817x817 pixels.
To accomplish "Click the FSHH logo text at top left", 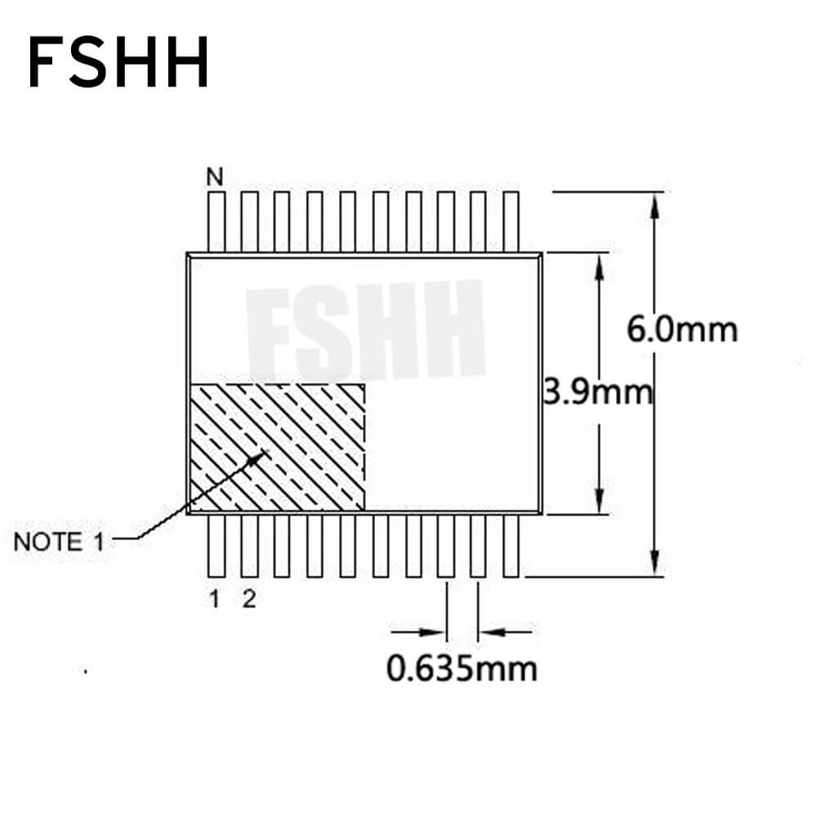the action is pyautogui.click(x=118, y=62).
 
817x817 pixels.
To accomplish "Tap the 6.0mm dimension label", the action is pyautogui.click(x=682, y=329).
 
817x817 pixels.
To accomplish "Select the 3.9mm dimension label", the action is pyautogui.click(x=598, y=392).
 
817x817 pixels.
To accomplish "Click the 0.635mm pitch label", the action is pyautogui.click(x=462, y=668).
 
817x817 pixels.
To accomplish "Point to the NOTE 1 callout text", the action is pyautogui.click(x=59, y=542).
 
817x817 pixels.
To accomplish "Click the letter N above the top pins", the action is pyautogui.click(x=215, y=177).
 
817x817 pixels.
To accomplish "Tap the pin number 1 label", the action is pyautogui.click(x=214, y=599).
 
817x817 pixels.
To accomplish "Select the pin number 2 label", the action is pyautogui.click(x=249, y=599).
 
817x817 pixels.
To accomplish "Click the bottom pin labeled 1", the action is pyautogui.click(x=217, y=546).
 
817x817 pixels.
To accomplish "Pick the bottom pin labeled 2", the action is pyautogui.click(x=249, y=546).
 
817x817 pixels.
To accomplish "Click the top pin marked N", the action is pyautogui.click(x=217, y=222).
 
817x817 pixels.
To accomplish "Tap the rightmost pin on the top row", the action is pyautogui.click(x=511, y=222).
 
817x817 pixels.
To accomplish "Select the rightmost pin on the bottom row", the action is pyautogui.click(x=511, y=546).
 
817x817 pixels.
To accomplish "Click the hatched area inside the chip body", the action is pyautogui.click(x=277, y=447).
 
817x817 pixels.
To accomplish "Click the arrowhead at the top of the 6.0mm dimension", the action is pyautogui.click(x=655, y=205).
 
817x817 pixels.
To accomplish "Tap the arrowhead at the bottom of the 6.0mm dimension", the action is pyautogui.click(x=655, y=564).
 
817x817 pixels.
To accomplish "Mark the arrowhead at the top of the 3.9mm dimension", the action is pyautogui.click(x=599, y=267).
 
